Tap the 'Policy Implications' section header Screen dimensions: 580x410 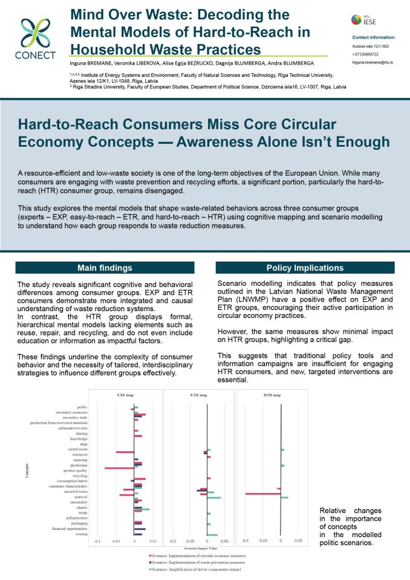(x=305, y=268)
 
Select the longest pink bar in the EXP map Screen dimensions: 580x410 (x=119, y=468)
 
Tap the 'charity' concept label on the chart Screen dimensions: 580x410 (x=82, y=508)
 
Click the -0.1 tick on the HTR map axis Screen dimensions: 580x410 (x=245, y=540)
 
